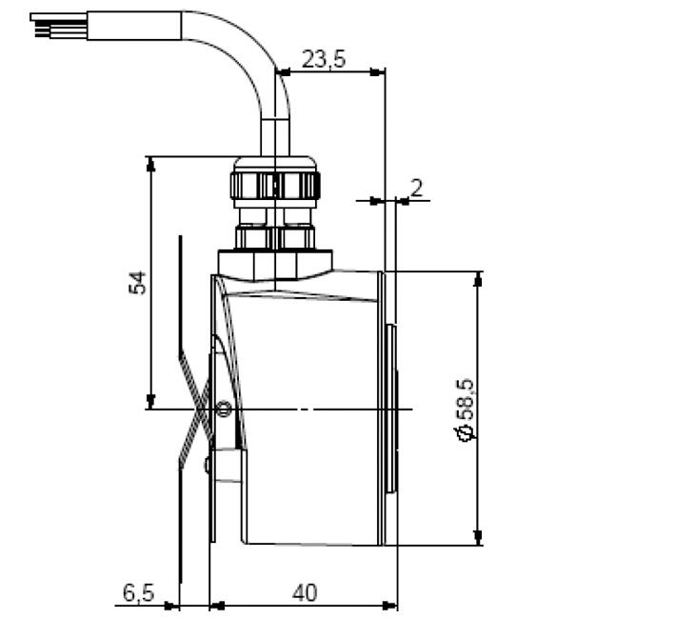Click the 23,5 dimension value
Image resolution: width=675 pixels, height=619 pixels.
[x=324, y=59]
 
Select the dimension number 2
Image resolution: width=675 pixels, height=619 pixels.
[x=416, y=188]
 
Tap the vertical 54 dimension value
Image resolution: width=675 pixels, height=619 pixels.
[x=139, y=283]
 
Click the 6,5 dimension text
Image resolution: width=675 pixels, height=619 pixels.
[x=138, y=592]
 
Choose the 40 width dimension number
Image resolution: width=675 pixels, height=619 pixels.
[x=304, y=592]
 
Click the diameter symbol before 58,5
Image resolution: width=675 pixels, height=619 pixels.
[x=466, y=433]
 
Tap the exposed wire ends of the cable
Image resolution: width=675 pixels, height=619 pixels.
[x=43, y=25]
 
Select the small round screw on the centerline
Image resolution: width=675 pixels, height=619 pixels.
[x=224, y=409]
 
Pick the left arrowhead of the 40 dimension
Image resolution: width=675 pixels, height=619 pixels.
[x=215, y=605]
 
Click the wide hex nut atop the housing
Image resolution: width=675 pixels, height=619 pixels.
[x=275, y=261]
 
